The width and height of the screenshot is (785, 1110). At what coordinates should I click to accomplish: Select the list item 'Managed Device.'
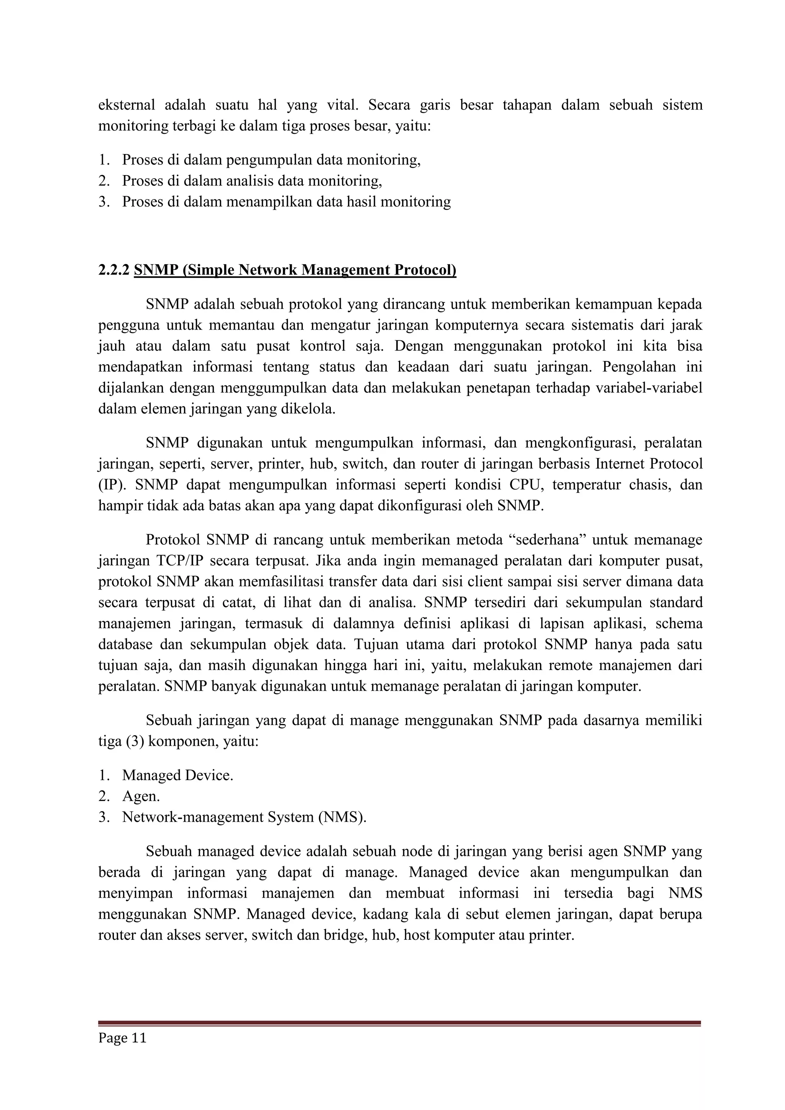177,775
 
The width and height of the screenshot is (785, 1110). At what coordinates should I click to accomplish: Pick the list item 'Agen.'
141,796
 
